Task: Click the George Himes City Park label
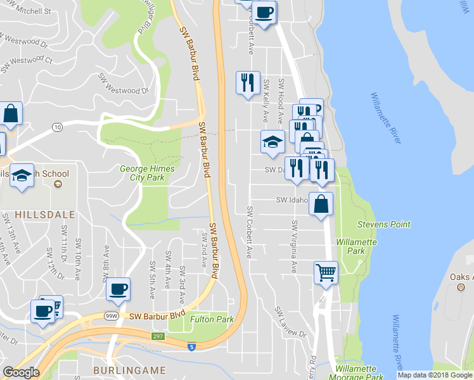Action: coord(143,173)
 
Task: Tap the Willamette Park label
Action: coord(356,246)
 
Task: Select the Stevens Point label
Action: coord(383,224)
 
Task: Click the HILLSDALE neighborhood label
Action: coord(38,215)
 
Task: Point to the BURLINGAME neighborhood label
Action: coord(129,370)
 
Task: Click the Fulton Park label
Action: coord(212,319)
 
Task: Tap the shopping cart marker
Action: coord(326,273)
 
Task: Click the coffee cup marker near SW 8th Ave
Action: coord(118,289)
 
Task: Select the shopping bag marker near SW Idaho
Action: coord(321,204)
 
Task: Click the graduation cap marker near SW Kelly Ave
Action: coord(272,141)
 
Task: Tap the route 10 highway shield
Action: coord(58,127)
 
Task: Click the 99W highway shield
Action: coord(112,315)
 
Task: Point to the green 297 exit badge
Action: coord(158,336)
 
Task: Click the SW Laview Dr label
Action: coord(290,322)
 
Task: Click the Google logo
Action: coord(21,372)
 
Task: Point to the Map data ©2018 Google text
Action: coord(435,375)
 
